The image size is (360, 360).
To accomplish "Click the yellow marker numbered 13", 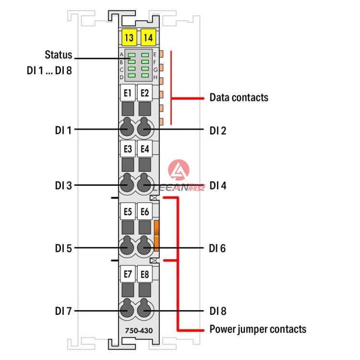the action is click(x=129, y=37).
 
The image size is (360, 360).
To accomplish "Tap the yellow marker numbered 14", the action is click(x=148, y=37).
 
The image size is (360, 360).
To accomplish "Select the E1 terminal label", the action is click(x=128, y=93).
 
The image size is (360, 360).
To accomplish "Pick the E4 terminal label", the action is click(x=144, y=149).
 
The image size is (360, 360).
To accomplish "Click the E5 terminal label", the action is click(x=128, y=212).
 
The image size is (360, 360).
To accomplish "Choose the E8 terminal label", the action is click(x=144, y=274).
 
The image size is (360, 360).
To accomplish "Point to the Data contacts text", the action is click(x=239, y=97).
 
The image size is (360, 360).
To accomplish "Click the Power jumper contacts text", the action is click(x=258, y=329).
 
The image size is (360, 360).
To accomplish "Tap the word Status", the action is click(x=58, y=55).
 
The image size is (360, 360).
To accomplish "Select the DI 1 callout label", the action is click(x=63, y=130).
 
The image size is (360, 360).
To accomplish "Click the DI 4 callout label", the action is click(x=218, y=185).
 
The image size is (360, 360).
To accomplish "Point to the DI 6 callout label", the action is click(x=217, y=248).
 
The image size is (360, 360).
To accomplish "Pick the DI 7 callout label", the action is click(x=63, y=311).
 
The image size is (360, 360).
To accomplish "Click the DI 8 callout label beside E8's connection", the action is click(x=218, y=311).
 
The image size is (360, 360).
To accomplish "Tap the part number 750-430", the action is click(x=139, y=331).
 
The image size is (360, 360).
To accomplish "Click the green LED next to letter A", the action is click(x=132, y=55).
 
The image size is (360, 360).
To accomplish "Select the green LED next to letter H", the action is click(x=145, y=75).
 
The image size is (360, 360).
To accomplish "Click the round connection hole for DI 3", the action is click(x=127, y=184).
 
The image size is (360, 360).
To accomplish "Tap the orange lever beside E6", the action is click(x=156, y=236).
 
